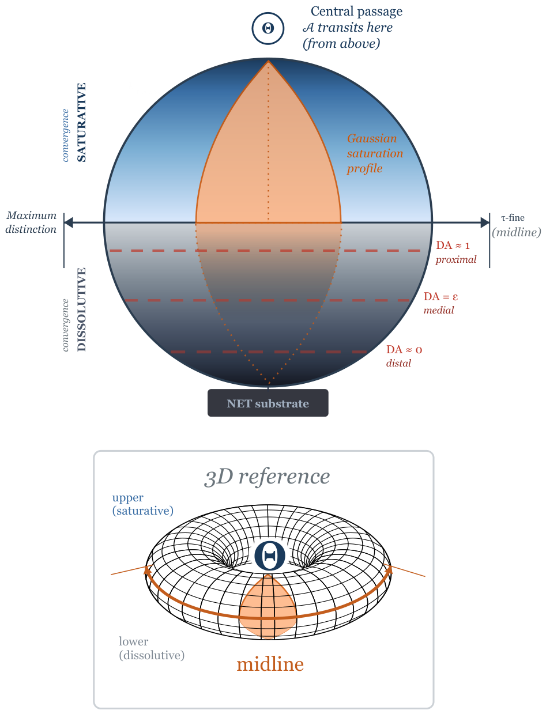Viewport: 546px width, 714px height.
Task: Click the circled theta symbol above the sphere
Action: click(x=268, y=28)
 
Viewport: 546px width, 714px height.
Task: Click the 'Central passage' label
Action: click(x=356, y=12)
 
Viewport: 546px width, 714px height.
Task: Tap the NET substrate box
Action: click(x=268, y=403)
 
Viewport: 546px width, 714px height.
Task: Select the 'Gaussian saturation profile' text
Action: click(x=375, y=153)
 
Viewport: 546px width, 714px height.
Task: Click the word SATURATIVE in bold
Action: click(x=82, y=122)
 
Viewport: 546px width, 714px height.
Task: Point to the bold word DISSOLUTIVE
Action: click(x=82, y=309)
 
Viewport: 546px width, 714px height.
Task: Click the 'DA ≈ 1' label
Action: click(x=453, y=245)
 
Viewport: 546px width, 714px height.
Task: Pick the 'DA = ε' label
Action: click(x=440, y=296)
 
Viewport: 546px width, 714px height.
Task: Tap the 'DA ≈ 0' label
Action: click(x=404, y=349)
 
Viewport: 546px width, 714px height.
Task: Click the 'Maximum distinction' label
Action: click(x=31, y=222)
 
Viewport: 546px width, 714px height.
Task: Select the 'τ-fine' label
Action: click(x=513, y=218)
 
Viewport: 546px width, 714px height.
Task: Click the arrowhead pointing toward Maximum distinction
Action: click(x=69, y=222)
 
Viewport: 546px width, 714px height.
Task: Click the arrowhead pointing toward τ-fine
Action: click(x=485, y=222)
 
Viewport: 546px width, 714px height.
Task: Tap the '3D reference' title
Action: click(x=267, y=477)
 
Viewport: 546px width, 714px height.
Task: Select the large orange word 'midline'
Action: click(x=270, y=664)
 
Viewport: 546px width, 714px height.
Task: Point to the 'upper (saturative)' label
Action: click(x=142, y=504)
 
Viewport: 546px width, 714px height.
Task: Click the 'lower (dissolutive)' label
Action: click(x=151, y=648)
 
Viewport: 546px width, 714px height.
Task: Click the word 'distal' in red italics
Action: click(x=398, y=363)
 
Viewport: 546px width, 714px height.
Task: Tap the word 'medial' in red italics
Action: click(x=438, y=310)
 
